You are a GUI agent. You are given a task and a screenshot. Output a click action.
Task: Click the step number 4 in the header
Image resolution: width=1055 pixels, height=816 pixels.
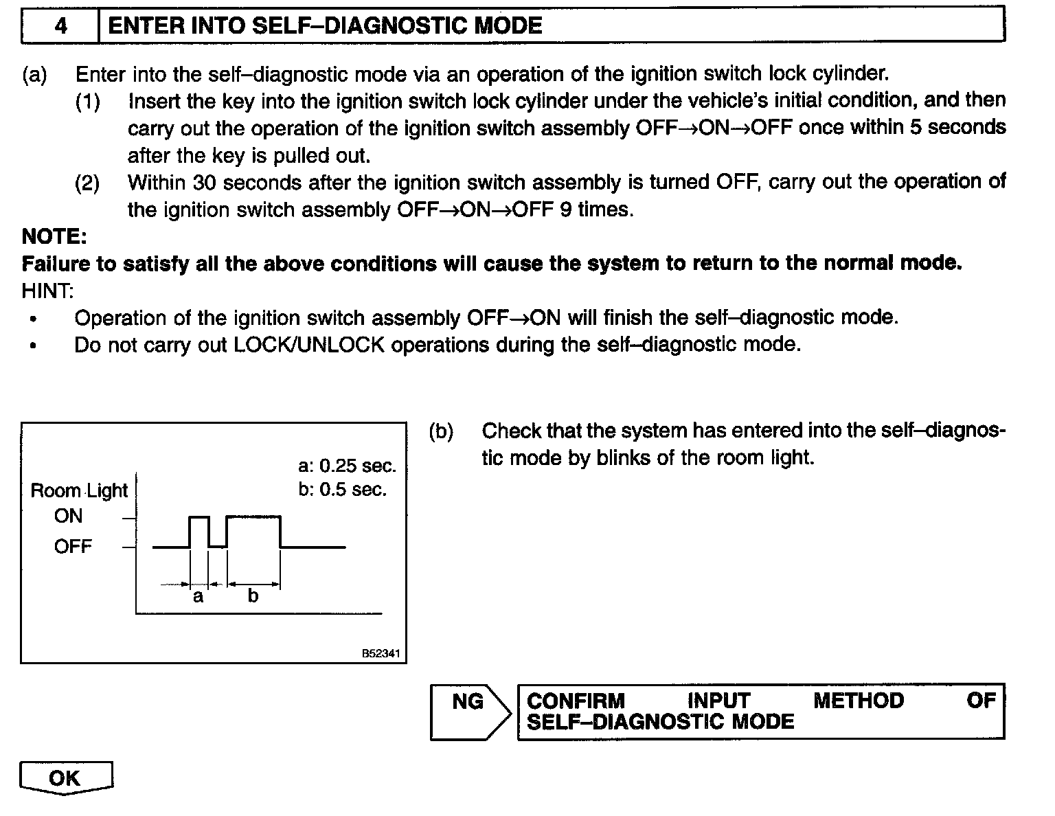point(61,26)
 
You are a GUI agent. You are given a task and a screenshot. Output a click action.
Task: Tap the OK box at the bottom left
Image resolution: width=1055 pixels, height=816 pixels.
point(65,778)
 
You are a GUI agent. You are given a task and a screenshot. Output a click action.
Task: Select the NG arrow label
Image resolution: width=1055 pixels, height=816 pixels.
point(468,701)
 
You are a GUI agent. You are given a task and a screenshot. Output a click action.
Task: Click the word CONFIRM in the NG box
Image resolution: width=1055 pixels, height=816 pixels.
point(576,701)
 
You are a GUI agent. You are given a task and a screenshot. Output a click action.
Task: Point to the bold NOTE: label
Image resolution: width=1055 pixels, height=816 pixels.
point(54,236)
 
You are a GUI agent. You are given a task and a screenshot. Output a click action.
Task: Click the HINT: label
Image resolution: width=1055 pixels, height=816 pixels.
point(47,291)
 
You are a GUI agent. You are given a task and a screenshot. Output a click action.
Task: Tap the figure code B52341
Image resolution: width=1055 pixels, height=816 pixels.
point(380,654)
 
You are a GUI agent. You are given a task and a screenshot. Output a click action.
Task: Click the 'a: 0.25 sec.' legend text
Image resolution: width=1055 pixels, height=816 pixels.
point(347,466)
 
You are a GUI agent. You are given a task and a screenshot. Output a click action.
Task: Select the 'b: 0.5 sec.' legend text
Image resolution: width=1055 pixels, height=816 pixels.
point(342,489)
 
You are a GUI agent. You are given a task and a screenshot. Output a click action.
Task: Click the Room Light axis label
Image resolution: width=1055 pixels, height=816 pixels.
point(79,490)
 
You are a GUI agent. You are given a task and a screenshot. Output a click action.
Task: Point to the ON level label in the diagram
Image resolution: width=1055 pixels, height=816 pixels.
point(68,517)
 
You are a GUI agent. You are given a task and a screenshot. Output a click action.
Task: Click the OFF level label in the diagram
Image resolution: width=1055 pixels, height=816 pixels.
point(73,547)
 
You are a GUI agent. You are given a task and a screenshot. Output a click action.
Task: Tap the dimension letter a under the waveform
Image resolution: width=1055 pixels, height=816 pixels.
point(198,596)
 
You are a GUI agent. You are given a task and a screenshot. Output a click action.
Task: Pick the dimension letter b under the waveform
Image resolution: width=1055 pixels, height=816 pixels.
point(253,596)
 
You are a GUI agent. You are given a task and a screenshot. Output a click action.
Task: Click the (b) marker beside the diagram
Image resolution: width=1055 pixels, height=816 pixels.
point(441,431)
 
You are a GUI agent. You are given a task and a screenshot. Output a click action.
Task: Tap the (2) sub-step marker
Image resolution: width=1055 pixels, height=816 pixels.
point(87,183)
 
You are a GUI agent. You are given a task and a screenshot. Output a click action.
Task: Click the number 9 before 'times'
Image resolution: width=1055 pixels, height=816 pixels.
point(565,209)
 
